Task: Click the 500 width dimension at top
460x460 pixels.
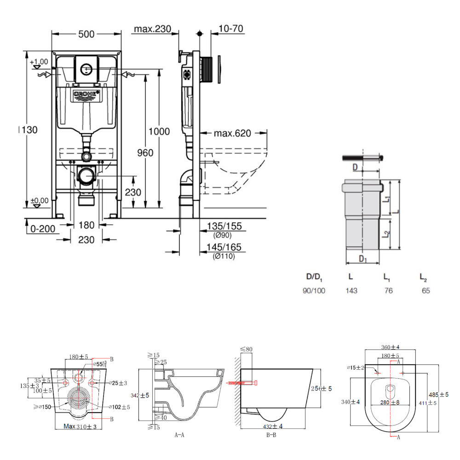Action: (86, 34)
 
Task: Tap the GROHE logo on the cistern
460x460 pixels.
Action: (86, 95)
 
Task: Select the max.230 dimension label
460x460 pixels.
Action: (152, 29)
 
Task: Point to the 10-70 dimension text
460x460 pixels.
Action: (231, 29)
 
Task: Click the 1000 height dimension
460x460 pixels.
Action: (159, 132)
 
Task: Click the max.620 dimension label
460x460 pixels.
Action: (233, 133)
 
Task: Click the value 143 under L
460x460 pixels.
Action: (352, 291)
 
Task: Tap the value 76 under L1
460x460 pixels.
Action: (389, 291)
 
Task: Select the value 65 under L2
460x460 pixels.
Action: (426, 291)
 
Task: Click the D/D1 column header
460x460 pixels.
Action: (315, 277)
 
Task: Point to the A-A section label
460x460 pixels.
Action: (180, 434)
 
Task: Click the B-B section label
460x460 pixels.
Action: (271, 434)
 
